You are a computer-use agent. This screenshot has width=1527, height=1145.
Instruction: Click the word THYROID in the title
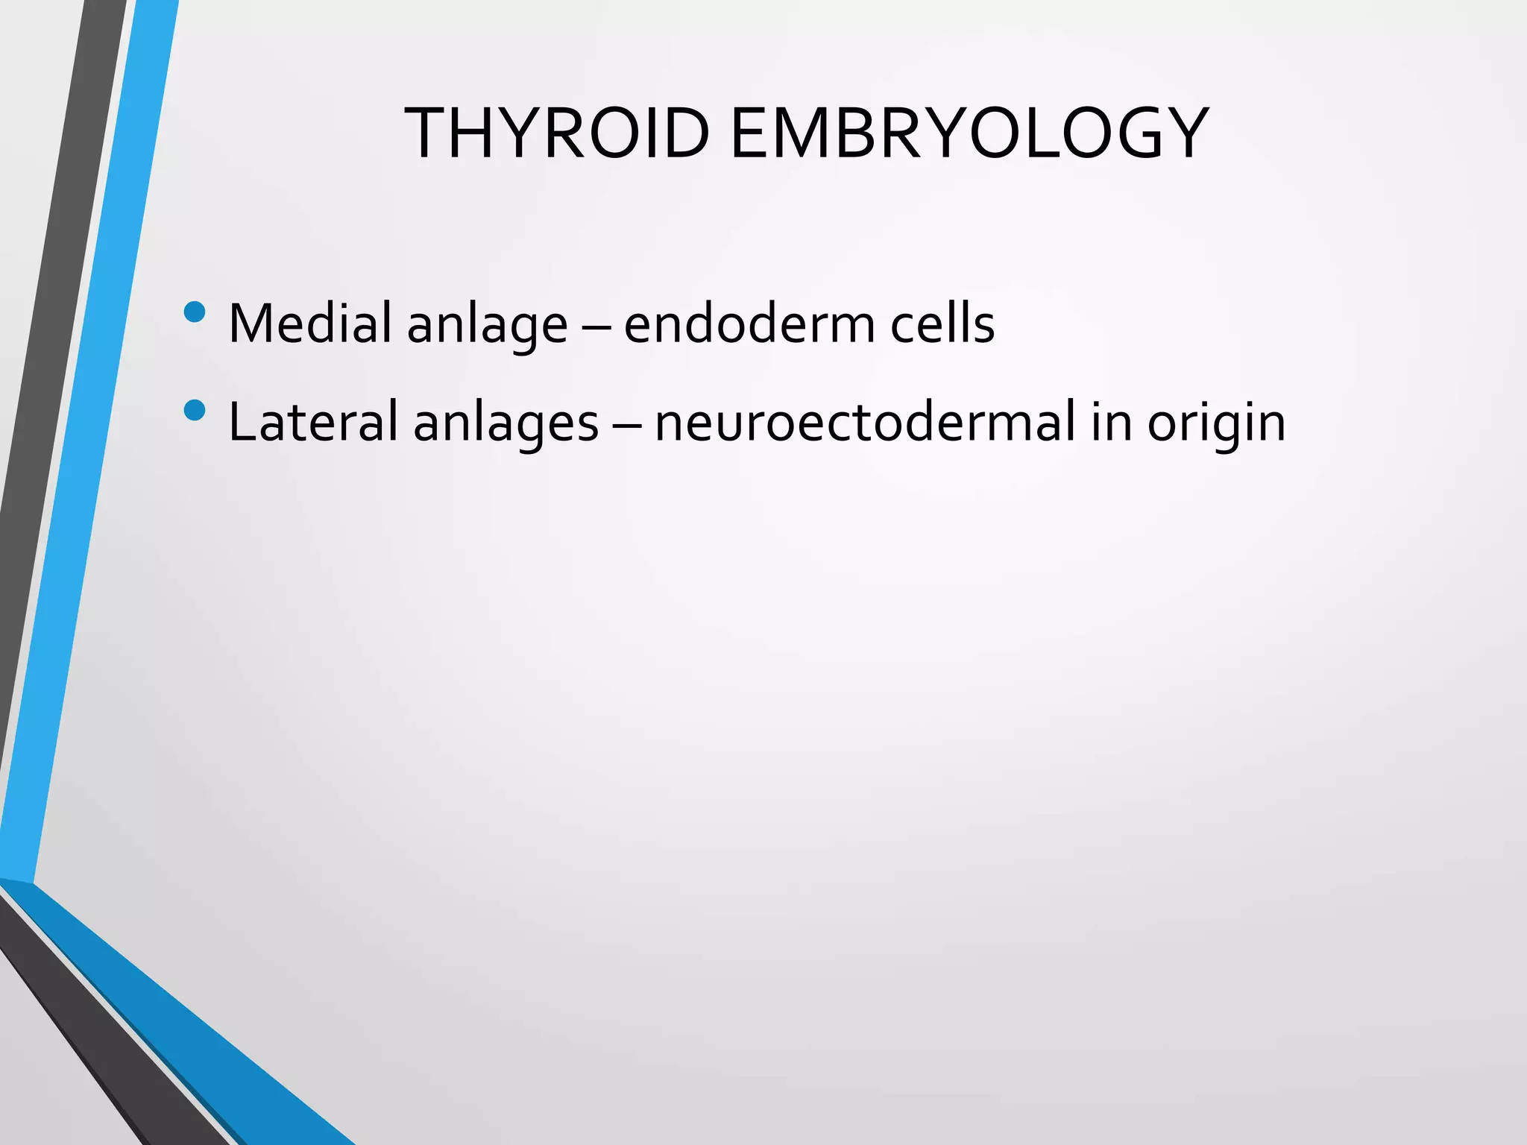pos(556,134)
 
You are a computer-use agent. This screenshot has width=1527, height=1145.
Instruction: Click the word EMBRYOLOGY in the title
pos(969,134)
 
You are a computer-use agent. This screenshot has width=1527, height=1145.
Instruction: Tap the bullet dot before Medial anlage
pos(194,312)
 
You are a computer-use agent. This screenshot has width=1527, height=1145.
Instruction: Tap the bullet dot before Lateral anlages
pos(194,411)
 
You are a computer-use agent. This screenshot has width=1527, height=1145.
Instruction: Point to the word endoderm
pos(748,324)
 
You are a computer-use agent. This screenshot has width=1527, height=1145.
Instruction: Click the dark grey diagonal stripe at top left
pos(60,298)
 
